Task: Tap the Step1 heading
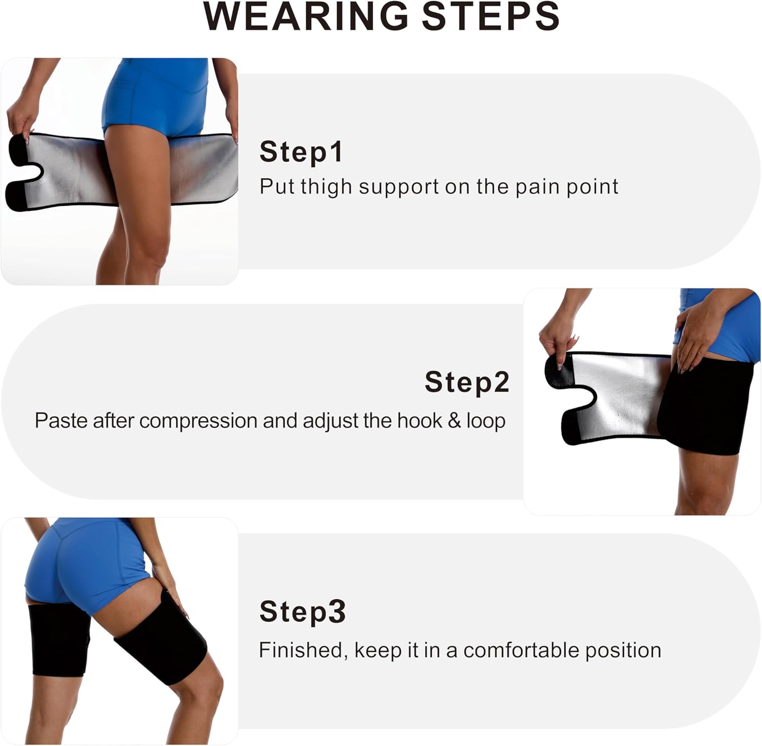coord(301,152)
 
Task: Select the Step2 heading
coord(467,382)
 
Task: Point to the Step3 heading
coord(302,611)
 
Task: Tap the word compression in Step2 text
coord(198,421)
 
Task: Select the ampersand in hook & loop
coord(454,421)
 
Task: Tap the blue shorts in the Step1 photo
coord(155,96)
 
